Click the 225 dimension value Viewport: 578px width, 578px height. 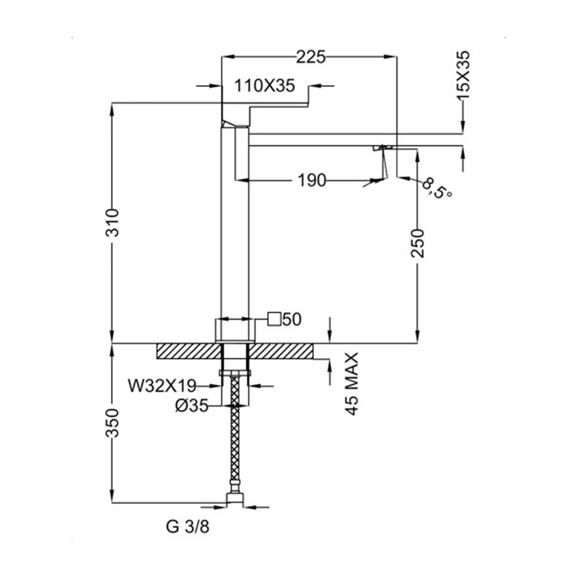point(311,57)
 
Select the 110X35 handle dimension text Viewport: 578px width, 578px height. point(265,86)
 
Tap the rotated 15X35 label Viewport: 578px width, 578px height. point(464,75)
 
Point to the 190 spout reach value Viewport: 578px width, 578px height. point(312,180)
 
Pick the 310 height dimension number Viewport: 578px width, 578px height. point(113,223)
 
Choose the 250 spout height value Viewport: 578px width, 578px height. point(418,243)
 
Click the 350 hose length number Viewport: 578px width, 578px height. point(113,423)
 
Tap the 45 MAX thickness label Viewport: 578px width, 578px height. point(353,384)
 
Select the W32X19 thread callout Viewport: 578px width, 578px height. point(162,386)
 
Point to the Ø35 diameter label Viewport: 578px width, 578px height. point(192,406)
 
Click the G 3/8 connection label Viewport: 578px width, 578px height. point(188,527)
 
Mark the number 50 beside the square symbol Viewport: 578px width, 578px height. point(292,319)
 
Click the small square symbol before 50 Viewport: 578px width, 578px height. point(274,319)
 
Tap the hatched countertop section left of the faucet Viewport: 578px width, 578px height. point(189,351)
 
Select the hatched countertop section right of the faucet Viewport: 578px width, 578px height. point(281,351)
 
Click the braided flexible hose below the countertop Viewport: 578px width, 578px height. point(235,431)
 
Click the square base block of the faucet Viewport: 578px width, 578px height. point(235,330)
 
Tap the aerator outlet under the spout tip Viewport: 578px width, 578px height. point(382,147)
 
